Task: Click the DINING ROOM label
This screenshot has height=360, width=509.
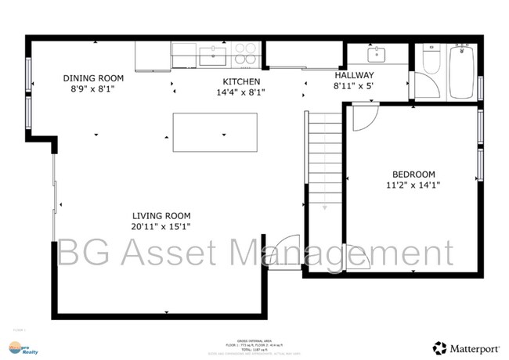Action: tap(94, 77)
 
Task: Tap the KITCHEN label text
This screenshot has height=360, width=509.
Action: tap(241, 81)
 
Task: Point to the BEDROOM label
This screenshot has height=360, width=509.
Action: tap(413, 174)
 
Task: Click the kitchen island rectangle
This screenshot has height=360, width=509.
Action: tap(215, 132)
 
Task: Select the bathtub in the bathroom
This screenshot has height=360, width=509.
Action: tap(462, 70)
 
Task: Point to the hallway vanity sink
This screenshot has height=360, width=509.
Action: tap(377, 54)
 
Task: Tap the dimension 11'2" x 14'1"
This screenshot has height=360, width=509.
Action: tap(413, 185)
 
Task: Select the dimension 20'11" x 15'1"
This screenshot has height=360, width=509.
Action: tap(161, 227)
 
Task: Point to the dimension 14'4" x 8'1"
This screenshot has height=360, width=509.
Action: tap(241, 92)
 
